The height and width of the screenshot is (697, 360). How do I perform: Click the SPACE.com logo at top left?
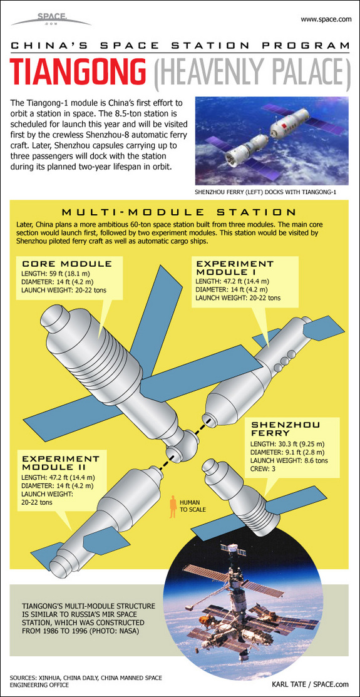51,19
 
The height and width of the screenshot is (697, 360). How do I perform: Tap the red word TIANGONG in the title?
79,72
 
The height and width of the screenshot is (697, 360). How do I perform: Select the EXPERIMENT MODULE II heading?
64,462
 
